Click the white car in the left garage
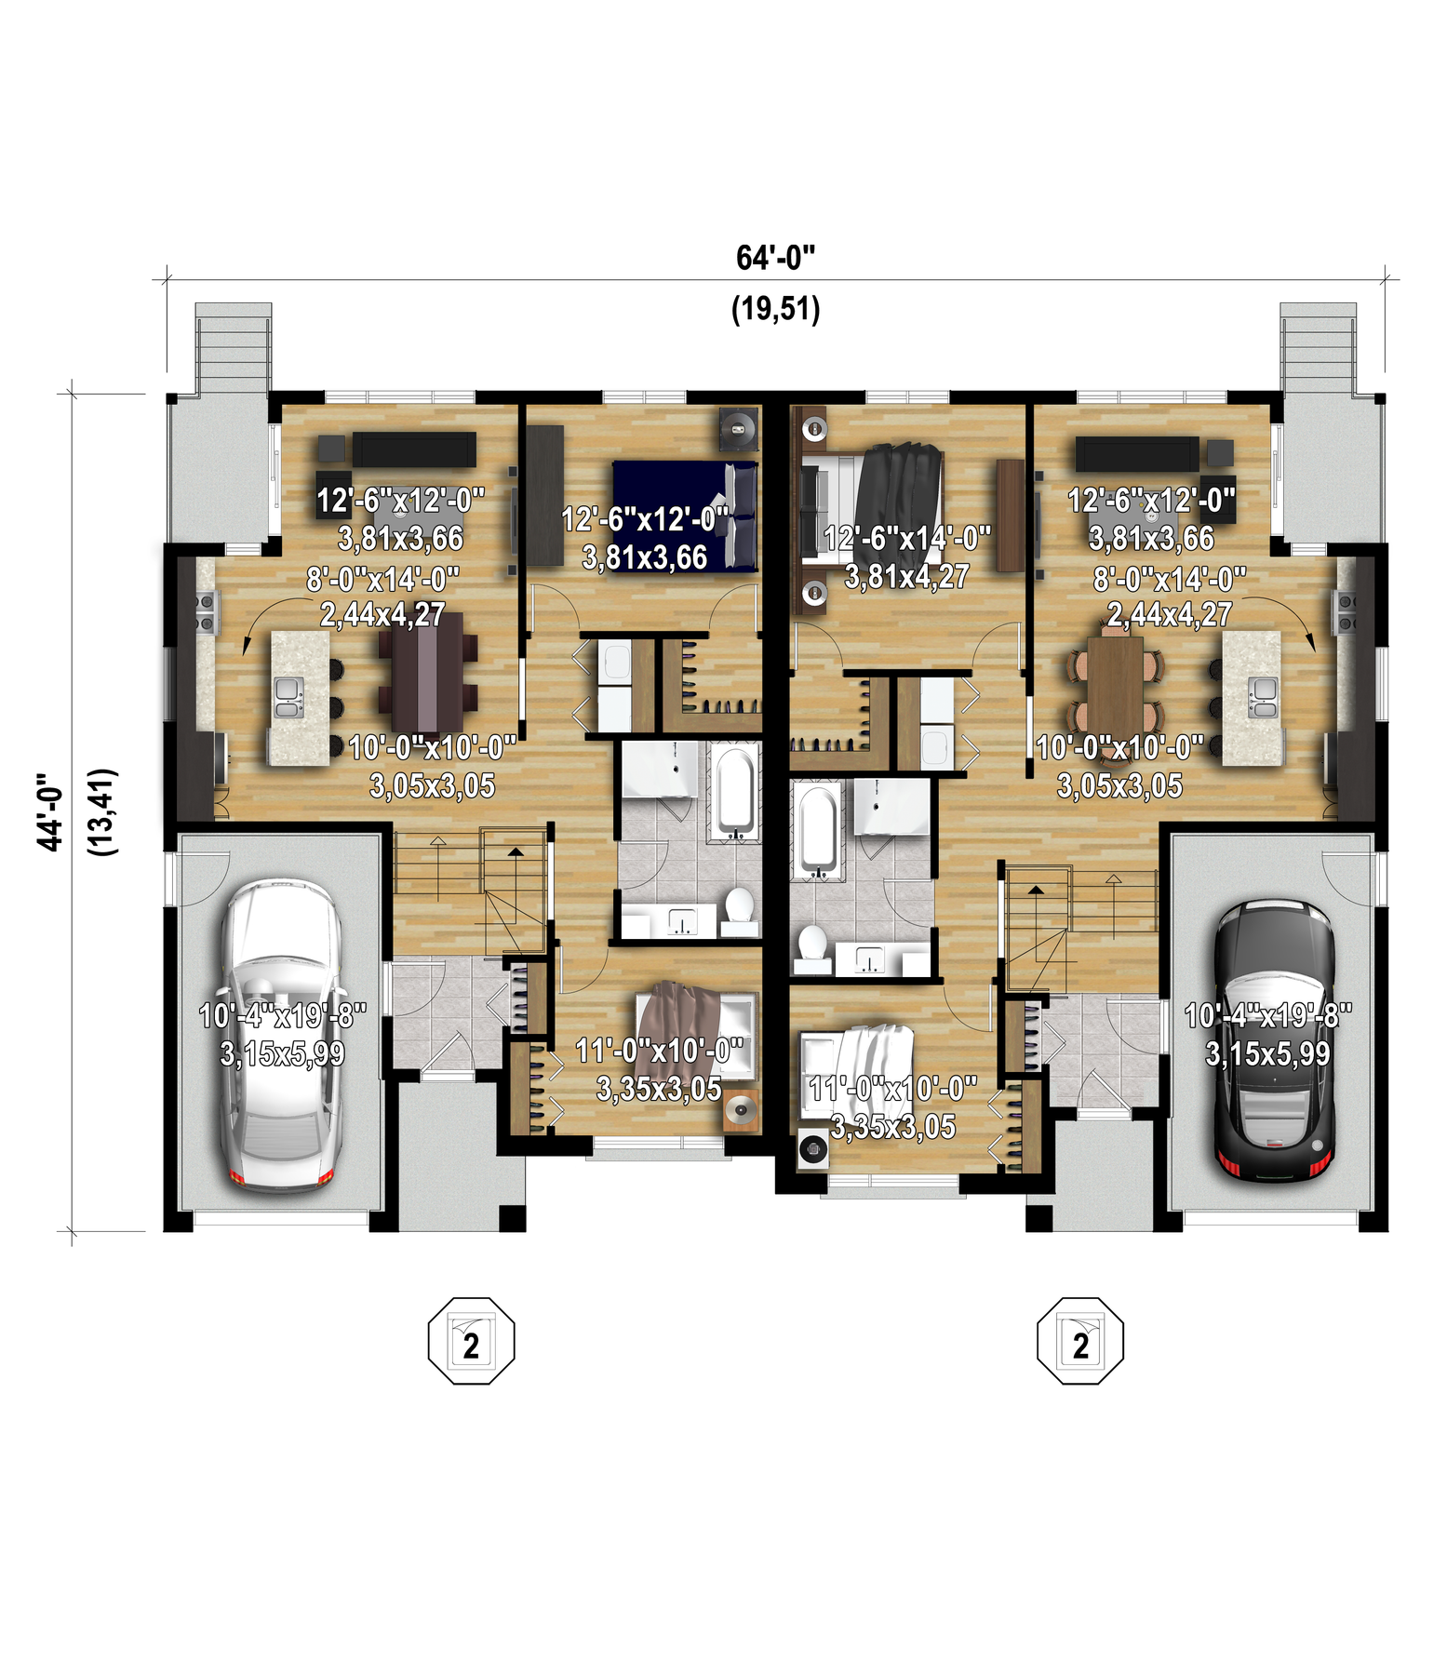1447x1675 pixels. (x=280, y=1034)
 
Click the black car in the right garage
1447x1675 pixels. (x=1276, y=1039)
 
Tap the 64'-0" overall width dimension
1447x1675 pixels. (x=775, y=258)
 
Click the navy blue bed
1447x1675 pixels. (x=685, y=516)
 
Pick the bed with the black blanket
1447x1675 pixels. (x=871, y=502)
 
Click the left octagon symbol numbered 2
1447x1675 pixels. (x=471, y=1341)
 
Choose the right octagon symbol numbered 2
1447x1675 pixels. (x=1080, y=1341)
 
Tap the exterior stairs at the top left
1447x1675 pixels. (x=234, y=349)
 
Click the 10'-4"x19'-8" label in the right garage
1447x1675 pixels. (x=1267, y=1014)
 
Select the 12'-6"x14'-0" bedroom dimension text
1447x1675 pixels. (x=907, y=538)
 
